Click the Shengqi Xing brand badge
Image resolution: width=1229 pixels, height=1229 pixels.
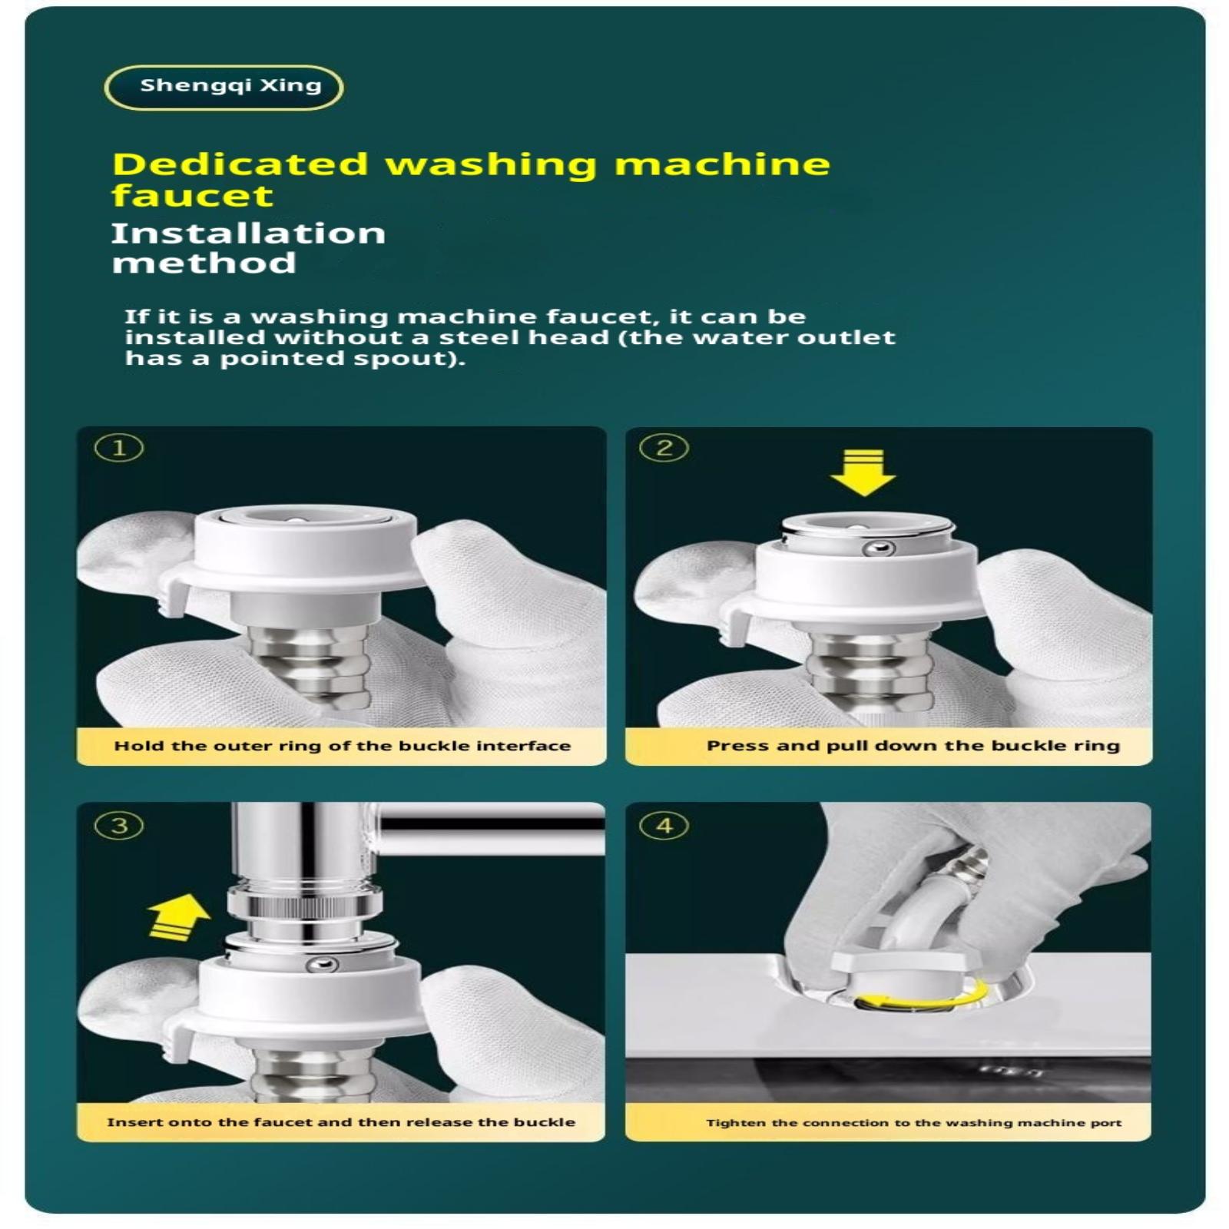224,87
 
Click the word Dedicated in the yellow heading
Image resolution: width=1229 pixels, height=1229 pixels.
240,164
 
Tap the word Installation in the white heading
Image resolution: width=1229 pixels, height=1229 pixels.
248,234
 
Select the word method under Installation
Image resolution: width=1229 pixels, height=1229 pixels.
204,263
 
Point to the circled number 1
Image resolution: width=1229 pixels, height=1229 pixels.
119,448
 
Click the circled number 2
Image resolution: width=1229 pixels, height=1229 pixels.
664,448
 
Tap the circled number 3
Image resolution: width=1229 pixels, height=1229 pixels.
119,826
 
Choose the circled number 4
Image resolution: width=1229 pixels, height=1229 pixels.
664,826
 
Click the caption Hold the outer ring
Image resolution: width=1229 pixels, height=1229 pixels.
343,746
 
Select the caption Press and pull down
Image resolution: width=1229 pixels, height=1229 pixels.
913,746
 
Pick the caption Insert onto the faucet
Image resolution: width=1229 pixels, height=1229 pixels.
341,1122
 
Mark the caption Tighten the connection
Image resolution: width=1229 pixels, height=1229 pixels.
914,1123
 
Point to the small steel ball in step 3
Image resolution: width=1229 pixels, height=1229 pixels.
322,964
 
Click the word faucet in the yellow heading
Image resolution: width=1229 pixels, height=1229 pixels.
193,196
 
